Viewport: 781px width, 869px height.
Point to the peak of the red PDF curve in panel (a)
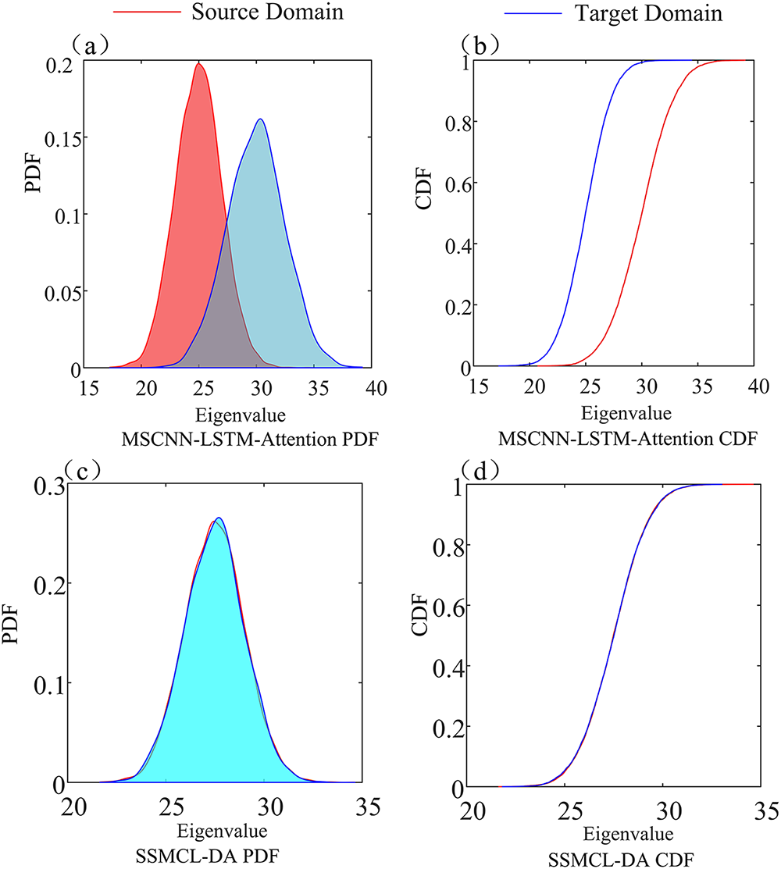point(198,64)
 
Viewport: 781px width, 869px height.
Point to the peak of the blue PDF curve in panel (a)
point(260,119)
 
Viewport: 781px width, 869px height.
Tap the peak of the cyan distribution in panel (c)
point(219,518)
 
